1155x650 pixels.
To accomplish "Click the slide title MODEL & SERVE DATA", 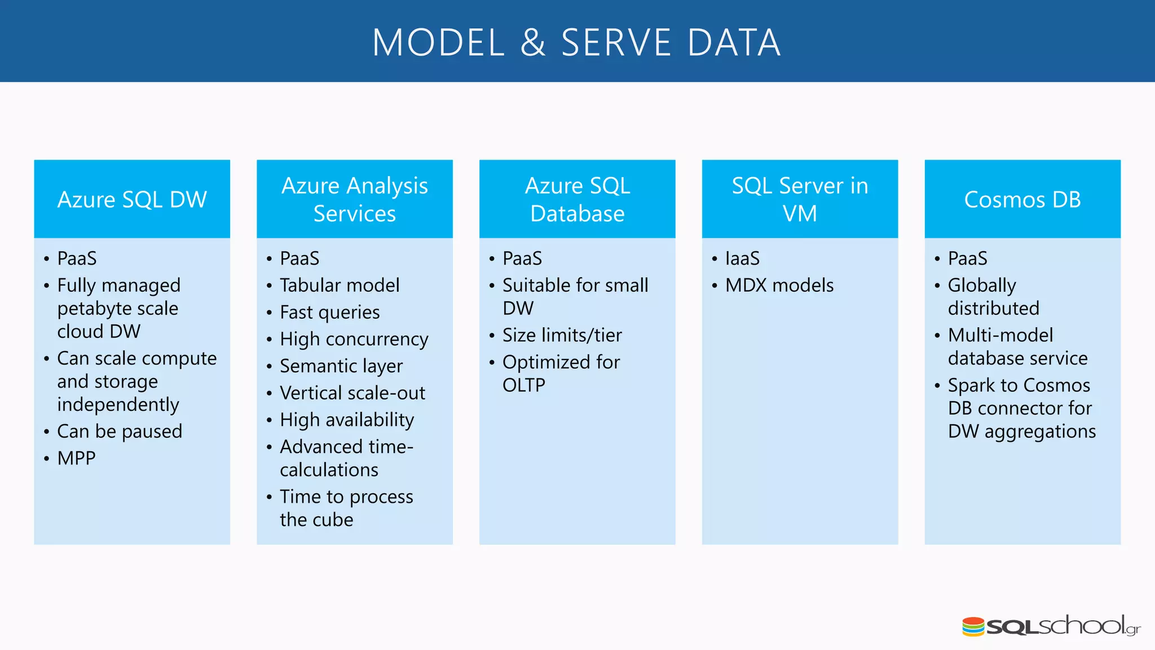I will click(x=576, y=43).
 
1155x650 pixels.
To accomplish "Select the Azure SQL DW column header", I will click(x=132, y=200).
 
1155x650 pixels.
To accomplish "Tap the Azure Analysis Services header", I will click(x=354, y=199).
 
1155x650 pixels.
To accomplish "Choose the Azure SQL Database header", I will click(x=577, y=199).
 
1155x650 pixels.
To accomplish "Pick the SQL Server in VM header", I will click(x=800, y=199).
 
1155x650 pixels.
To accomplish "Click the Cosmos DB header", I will click(x=1022, y=200).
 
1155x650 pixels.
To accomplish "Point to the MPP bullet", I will click(x=76, y=458).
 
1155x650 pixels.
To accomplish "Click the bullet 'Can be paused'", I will click(x=120, y=432).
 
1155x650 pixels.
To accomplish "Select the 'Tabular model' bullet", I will click(x=340, y=286).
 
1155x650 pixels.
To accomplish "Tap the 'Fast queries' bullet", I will click(x=330, y=313).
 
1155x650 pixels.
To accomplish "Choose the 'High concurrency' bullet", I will click(x=354, y=339).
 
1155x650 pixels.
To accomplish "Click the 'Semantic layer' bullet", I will click(x=341, y=366).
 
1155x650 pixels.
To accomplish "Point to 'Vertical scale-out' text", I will click(x=352, y=393).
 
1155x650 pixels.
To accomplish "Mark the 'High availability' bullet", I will click(x=347, y=420).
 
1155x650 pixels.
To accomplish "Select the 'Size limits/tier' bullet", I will click(x=562, y=336).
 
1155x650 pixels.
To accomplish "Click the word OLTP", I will click(x=524, y=385).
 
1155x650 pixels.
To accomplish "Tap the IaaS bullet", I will click(x=742, y=258).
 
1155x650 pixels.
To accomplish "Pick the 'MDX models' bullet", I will click(x=779, y=286).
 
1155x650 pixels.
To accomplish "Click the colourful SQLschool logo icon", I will click(x=973, y=627).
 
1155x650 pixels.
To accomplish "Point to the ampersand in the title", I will click(x=533, y=43).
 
